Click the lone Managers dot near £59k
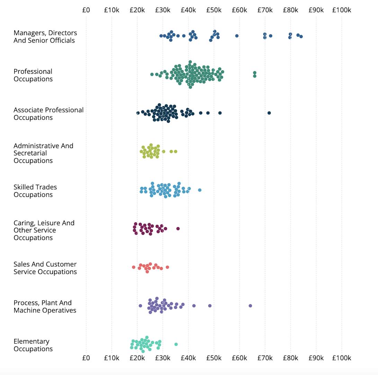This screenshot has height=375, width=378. tap(237, 36)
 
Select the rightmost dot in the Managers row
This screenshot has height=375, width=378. tap(301, 36)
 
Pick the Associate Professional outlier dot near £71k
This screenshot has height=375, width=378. tap(269, 113)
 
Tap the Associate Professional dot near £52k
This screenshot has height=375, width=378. tap(220, 113)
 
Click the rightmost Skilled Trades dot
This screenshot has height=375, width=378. tap(200, 190)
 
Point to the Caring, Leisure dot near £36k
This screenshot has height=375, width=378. tap(178, 228)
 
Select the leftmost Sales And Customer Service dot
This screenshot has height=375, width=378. tap(134, 267)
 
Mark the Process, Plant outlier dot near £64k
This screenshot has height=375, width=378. tap(250, 305)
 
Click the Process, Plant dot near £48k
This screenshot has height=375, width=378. tap(210, 305)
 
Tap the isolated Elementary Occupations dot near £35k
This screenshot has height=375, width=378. tap(176, 344)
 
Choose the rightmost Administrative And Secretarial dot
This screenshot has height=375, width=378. tap(175, 151)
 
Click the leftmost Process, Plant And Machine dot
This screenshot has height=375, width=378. tap(140, 305)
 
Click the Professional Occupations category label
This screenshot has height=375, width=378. tap(33, 75)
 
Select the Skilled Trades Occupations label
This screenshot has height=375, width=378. tap(35, 191)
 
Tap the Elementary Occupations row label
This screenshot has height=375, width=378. tap(33, 345)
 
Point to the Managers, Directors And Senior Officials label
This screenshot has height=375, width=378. tap(45, 36)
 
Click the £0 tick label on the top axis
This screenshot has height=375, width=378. tap(86, 10)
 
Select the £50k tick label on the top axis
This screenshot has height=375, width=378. tap(214, 10)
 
